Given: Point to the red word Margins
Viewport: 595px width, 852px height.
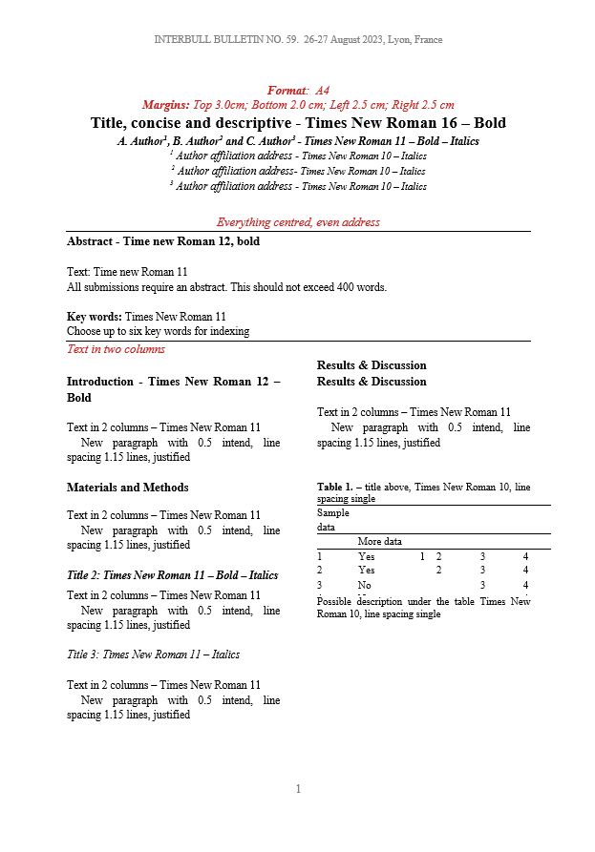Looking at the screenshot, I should [165, 105].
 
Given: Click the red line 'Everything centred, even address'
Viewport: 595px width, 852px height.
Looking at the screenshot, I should [298, 222].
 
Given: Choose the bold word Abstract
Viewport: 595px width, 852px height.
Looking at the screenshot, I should [91, 241].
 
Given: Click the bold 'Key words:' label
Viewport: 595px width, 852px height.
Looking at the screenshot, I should [94, 317].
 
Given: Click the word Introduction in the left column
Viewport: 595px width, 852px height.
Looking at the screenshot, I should [100, 382].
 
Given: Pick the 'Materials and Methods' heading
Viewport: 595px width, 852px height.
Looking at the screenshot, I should [127, 488].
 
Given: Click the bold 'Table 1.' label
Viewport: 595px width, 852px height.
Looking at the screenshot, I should [336, 488].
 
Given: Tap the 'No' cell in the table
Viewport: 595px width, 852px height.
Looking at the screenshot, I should [364, 584].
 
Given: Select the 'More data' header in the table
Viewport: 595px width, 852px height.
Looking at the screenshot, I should [379, 541].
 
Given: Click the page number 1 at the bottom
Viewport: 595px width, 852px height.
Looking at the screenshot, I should [298, 789].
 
